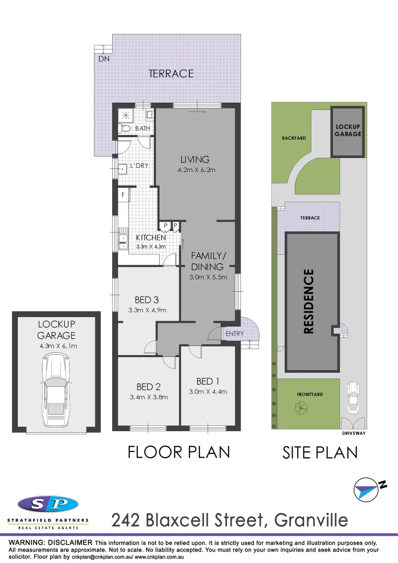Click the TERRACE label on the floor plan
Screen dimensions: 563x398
[x=171, y=74]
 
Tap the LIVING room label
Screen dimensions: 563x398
[x=195, y=160]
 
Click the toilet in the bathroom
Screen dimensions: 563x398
[x=125, y=128]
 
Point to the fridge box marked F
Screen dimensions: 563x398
[x=123, y=195]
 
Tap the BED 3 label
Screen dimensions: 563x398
[x=147, y=300]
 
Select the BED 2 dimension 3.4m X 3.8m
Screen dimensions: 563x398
[x=148, y=396]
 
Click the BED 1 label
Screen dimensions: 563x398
[x=208, y=382]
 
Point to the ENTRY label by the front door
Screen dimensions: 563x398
[x=235, y=334]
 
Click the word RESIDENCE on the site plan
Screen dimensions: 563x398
[x=309, y=301]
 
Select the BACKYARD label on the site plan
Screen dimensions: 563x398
[x=294, y=138]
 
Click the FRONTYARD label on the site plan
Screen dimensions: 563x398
[x=310, y=395]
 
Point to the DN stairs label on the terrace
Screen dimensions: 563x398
[x=104, y=59]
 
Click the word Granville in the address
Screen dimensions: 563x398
[x=311, y=520]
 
